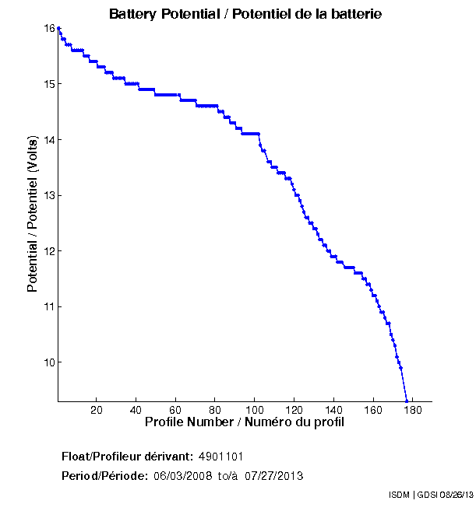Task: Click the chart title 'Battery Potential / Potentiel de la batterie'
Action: (x=245, y=14)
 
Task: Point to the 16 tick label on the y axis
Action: (x=49, y=28)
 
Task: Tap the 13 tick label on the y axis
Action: (x=49, y=195)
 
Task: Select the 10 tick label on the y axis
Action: (x=49, y=362)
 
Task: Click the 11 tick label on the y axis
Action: (x=49, y=306)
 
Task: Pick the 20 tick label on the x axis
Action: (x=97, y=410)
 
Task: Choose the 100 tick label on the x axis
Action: (x=255, y=410)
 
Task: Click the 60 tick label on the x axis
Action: (x=175, y=410)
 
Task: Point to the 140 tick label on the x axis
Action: (x=333, y=410)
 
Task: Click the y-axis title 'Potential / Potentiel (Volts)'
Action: (x=33, y=214)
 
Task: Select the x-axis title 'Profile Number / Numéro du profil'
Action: (x=244, y=422)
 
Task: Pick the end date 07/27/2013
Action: (x=274, y=475)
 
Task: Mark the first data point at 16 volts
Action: (x=59, y=28)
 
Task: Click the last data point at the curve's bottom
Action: (x=407, y=401)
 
